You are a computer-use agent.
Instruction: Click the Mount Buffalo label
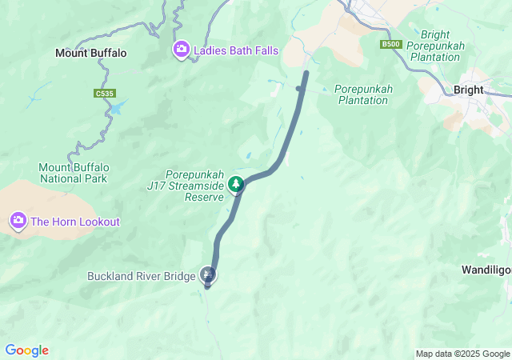90,53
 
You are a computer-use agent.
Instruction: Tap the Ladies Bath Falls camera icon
182,50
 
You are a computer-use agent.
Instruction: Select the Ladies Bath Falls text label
235,50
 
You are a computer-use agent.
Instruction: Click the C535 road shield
102,94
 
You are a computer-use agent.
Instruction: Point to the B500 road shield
390,44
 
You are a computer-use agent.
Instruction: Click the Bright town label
468,90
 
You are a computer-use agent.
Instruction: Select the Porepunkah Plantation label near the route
363,94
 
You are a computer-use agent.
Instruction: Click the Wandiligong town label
486,270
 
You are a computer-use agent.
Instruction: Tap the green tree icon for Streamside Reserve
236,185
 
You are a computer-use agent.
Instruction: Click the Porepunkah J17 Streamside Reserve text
193,186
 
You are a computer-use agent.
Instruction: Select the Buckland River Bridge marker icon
209,276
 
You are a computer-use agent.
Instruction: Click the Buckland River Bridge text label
142,277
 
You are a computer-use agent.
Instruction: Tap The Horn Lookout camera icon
18,220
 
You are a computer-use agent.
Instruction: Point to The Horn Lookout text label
75,221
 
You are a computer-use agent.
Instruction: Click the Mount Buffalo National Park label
73,173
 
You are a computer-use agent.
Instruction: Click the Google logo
26,350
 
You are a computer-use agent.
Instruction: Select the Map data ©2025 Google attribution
462,354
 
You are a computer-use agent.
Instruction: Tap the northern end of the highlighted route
306,74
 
